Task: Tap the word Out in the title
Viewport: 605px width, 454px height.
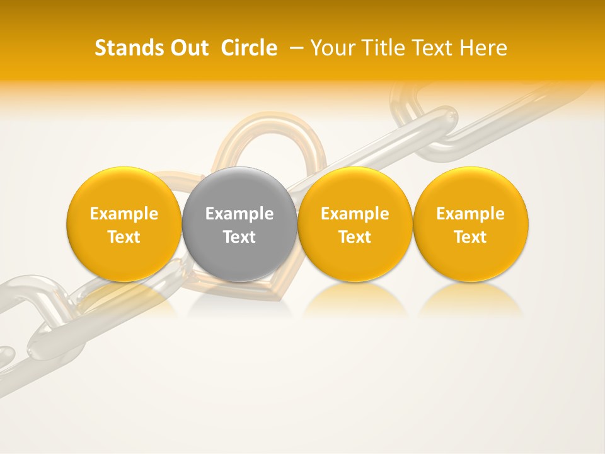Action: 188,48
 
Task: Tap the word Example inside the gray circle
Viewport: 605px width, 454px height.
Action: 239,214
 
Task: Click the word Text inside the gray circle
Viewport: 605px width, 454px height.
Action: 239,237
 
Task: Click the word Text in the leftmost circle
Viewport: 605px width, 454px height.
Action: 124,237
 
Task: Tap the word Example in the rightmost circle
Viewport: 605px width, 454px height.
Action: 471,214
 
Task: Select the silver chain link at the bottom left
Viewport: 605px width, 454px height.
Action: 38,315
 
